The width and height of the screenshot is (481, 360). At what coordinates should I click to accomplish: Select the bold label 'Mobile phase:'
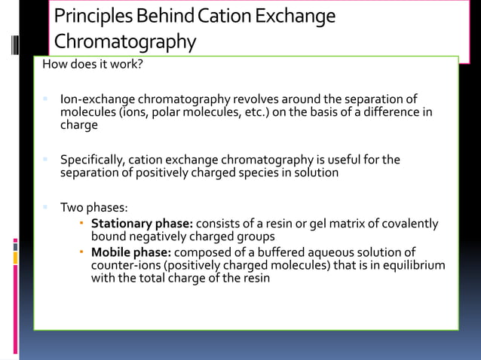tap(125, 252)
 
